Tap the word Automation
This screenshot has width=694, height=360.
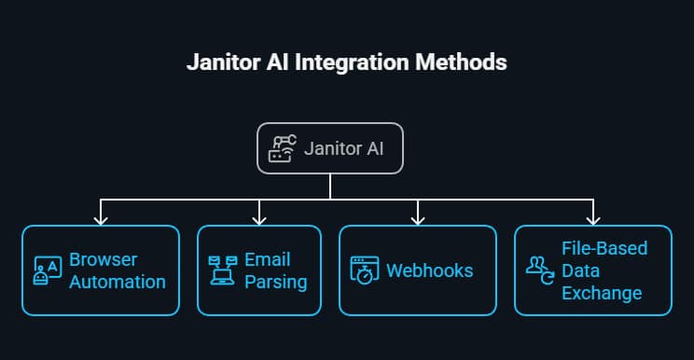tap(118, 281)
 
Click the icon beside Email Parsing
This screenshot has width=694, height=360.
tap(221, 270)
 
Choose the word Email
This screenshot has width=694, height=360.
tap(268, 260)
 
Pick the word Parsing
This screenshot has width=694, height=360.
tap(275, 281)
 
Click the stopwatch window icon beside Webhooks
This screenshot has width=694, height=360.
tap(363, 270)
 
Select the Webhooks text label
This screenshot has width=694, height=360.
tap(429, 270)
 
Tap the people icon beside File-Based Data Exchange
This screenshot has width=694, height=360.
tap(538, 270)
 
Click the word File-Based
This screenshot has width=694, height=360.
tap(604, 249)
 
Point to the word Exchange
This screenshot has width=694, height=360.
tap(602, 293)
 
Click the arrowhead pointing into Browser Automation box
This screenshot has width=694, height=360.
tap(101, 220)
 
